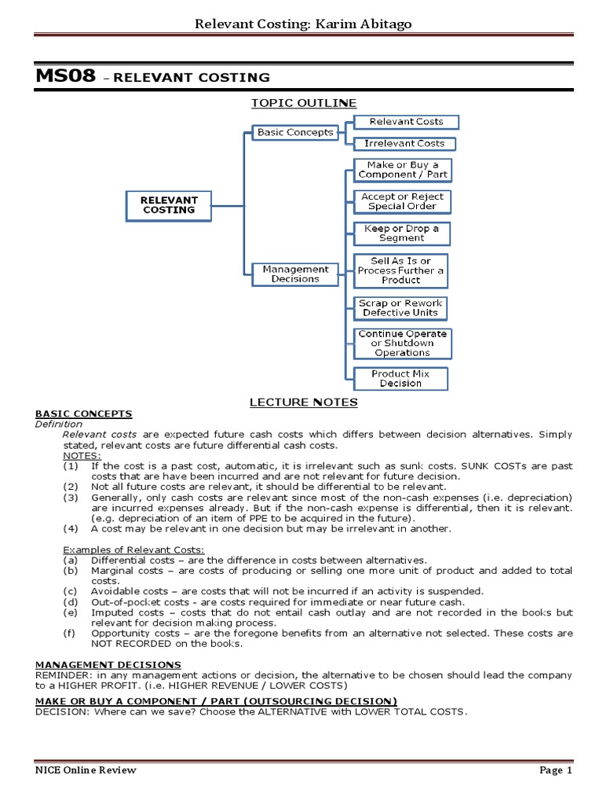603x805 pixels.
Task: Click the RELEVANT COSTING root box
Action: [x=169, y=205]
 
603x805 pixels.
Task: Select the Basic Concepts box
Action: [x=294, y=133]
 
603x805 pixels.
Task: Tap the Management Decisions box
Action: [x=295, y=274]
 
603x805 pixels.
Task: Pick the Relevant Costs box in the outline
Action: [x=405, y=122]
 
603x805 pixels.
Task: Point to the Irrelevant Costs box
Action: [x=404, y=144]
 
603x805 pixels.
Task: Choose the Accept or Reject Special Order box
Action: [x=401, y=201]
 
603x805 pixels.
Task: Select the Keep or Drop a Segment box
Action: [x=401, y=233]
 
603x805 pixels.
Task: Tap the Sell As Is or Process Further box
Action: [x=400, y=270]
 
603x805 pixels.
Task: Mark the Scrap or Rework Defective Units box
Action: [x=400, y=307]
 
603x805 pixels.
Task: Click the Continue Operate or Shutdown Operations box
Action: [x=402, y=344]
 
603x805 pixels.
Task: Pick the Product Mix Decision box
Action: [x=400, y=379]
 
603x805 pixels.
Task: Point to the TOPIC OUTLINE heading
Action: [x=303, y=103]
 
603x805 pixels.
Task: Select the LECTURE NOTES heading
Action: [x=303, y=402]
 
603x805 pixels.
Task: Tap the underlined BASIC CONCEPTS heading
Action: [x=83, y=414]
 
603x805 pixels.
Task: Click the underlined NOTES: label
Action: [x=82, y=455]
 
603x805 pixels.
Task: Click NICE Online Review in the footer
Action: [x=86, y=770]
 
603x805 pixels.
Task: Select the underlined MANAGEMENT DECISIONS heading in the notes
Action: [x=108, y=665]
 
